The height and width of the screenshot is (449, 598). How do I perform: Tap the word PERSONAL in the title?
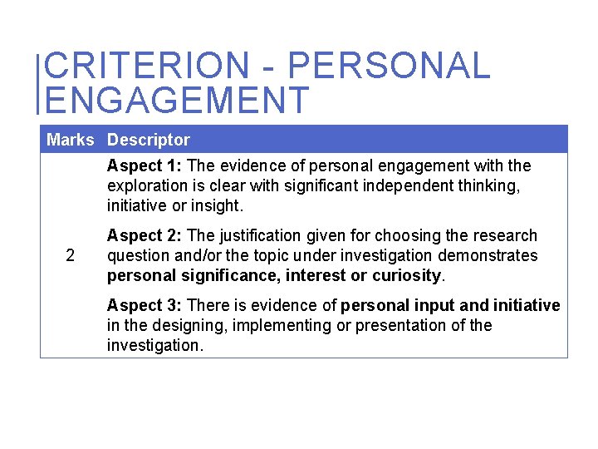click(x=389, y=66)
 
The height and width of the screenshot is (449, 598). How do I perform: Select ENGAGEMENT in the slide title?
click(x=176, y=100)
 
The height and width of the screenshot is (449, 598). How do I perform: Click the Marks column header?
click(x=71, y=140)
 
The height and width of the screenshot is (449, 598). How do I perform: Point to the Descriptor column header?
click(x=148, y=140)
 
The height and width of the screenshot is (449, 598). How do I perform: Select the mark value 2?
click(x=71, y=255)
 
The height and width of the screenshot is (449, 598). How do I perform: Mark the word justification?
click(x=236, y=236)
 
